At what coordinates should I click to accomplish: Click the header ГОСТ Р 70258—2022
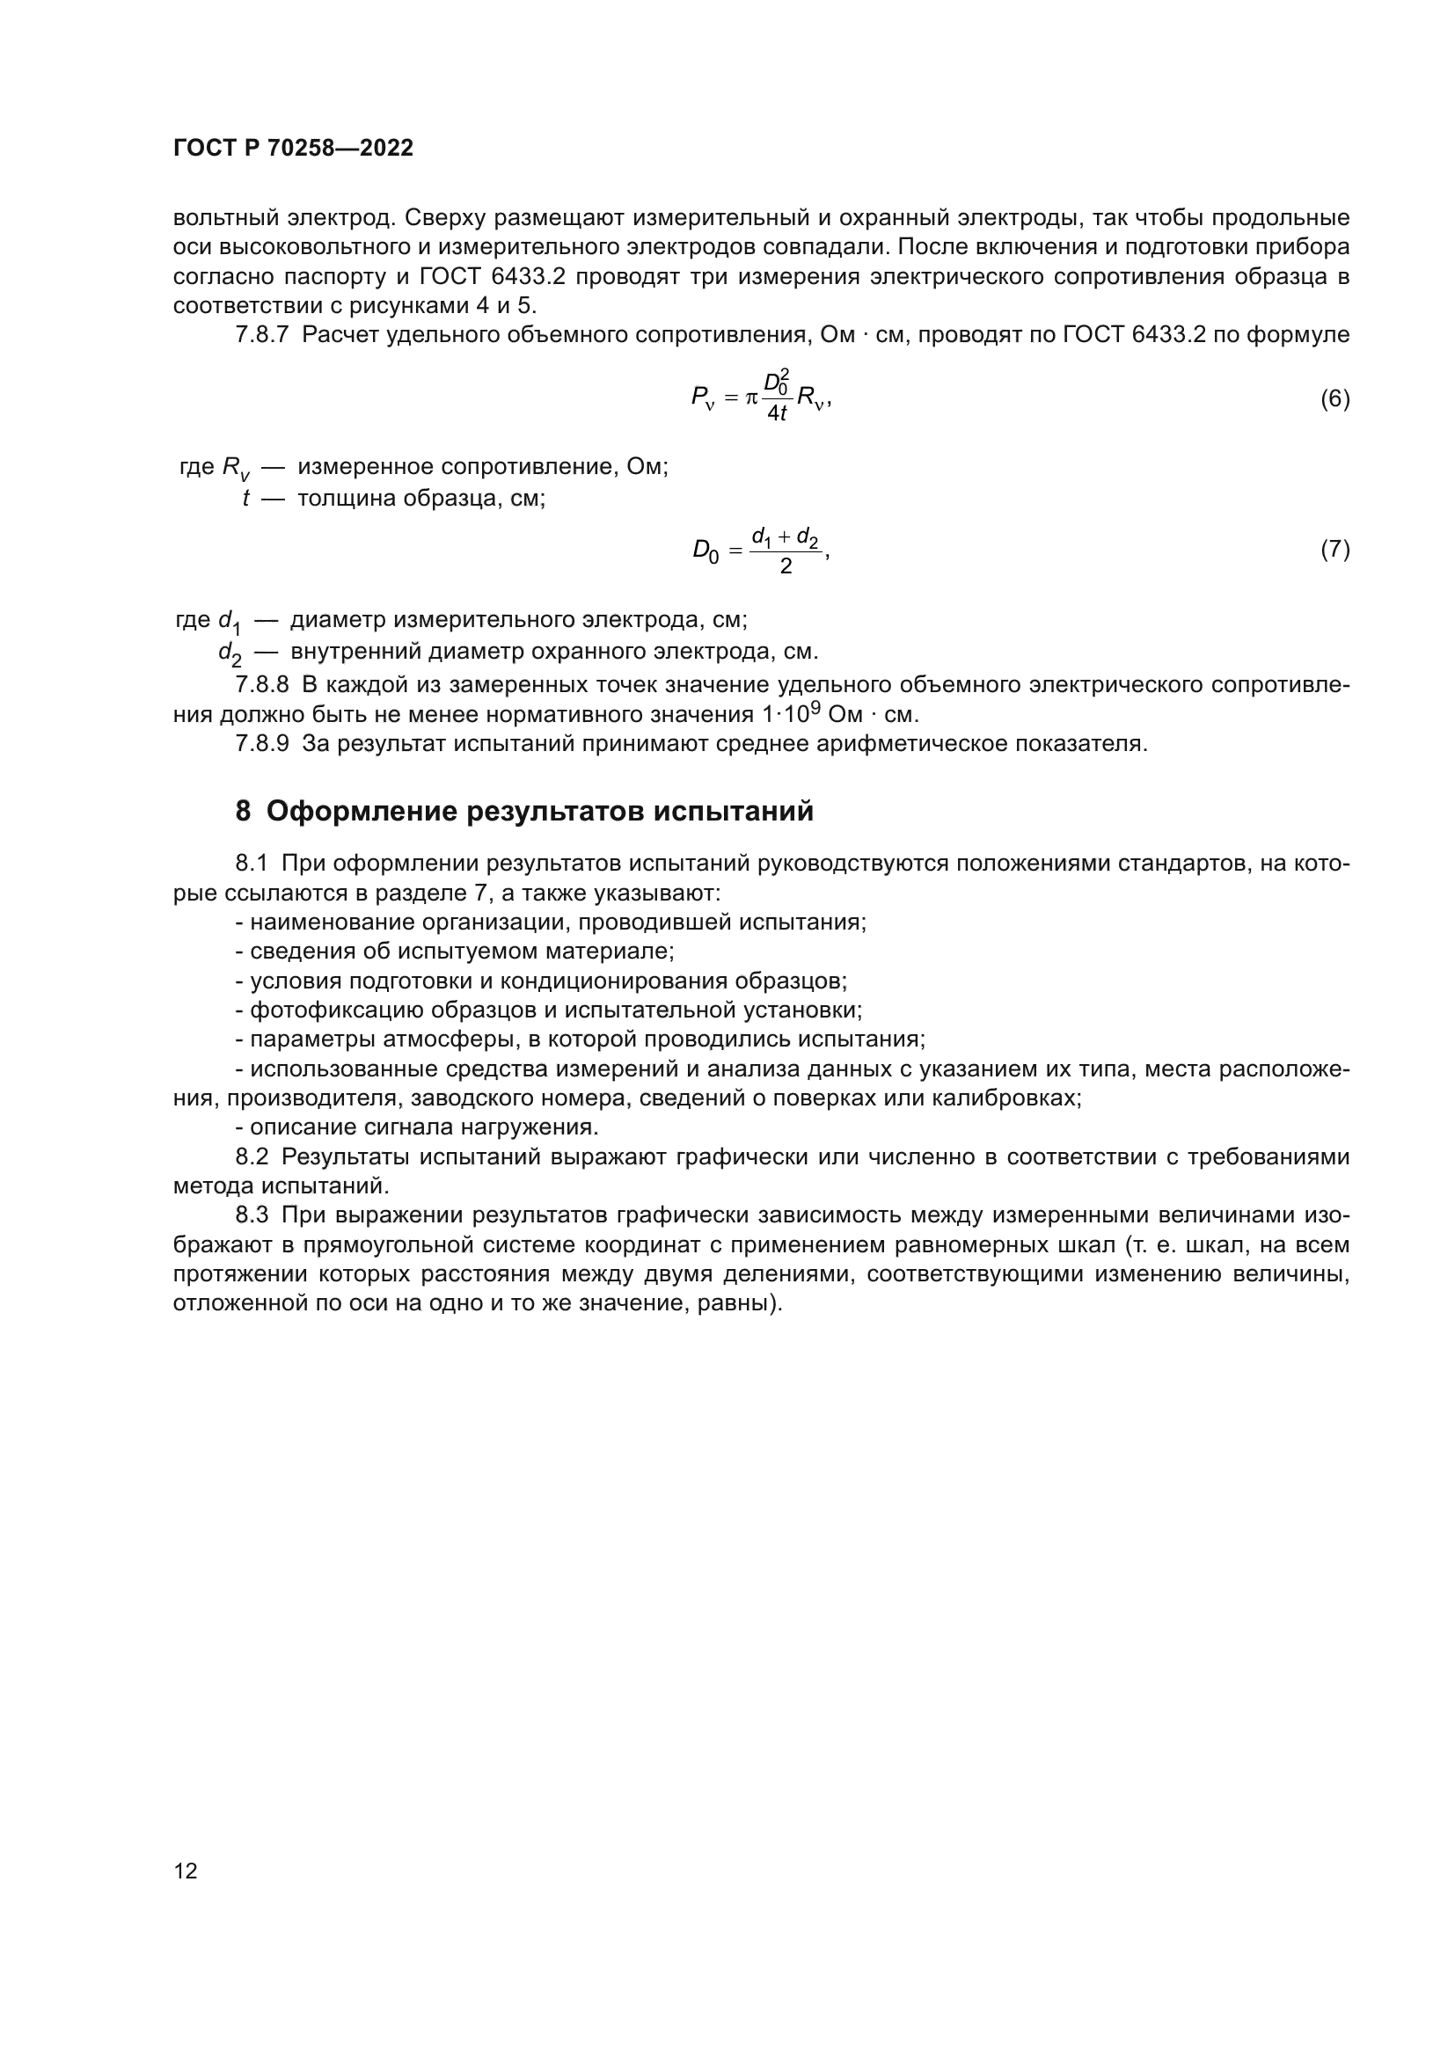(x=293, y=148)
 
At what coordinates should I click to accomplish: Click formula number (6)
(x=1334, y=398)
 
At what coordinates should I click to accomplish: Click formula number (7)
(x=1334, y=549)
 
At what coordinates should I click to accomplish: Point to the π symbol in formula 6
(x=750, y=397)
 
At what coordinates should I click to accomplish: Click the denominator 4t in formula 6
(x=777, y=413)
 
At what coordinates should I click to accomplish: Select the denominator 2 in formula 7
(x=786, y=566)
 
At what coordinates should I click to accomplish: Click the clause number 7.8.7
(x=261, y=335)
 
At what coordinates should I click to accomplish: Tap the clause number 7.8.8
(x=261, y=685)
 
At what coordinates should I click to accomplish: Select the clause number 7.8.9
(x=261, y=744)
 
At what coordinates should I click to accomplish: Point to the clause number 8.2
(x=252, y=1156)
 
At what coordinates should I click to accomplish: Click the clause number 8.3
(x=252, y=1215)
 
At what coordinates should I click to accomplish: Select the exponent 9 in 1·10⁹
(x=815, y=708)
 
